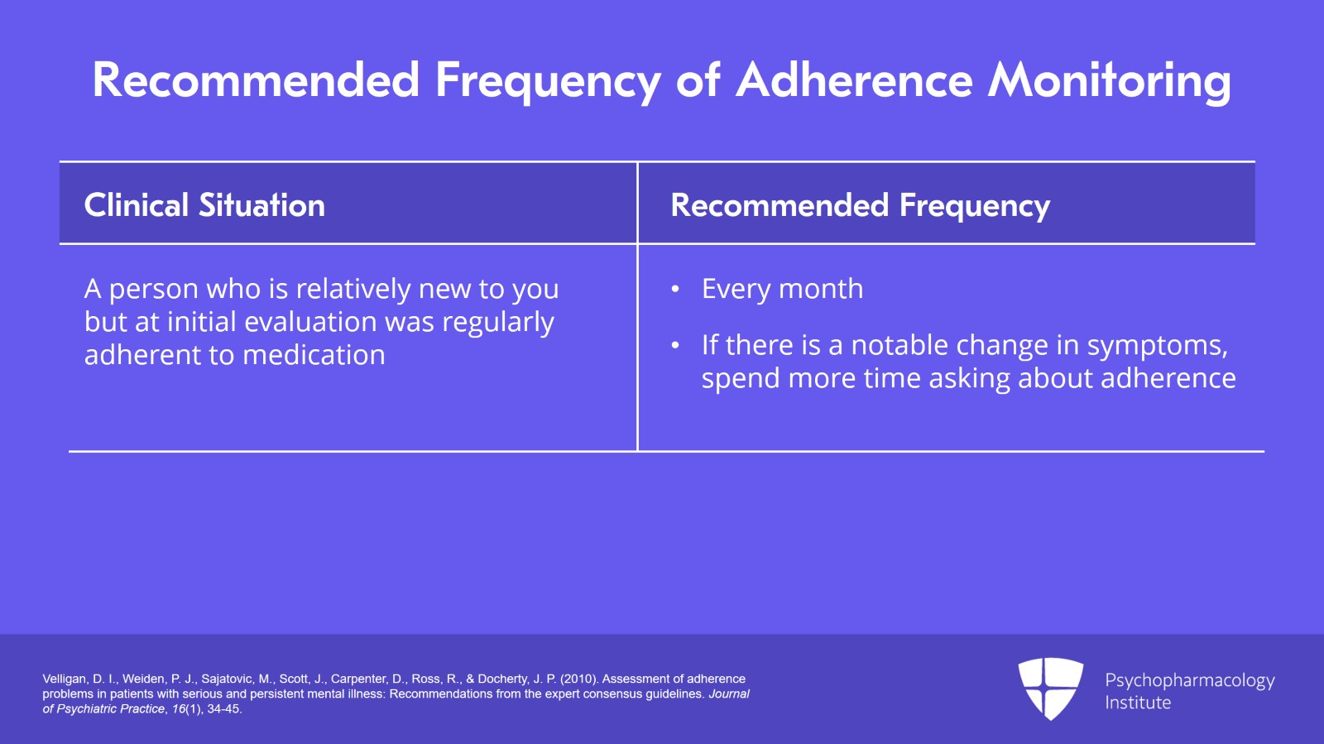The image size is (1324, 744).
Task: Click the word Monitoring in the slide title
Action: [x=1110, y=81]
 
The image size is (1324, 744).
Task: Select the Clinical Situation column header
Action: [x=204, y=205]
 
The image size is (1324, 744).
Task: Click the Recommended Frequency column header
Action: [x=860, y=206]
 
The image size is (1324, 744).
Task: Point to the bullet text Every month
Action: [x=782, y=289]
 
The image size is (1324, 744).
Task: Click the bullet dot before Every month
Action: [x=675, y=290]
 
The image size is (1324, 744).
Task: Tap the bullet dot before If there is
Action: [x=675, y=346]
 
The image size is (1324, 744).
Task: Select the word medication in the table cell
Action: [x=314, y=355]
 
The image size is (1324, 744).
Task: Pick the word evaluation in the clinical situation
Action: [x=310, y=322]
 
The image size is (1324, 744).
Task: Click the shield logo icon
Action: [x=1050, y=689]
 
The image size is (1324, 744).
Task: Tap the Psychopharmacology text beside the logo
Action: [x=1190, y=681]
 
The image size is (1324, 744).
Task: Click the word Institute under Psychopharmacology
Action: [x=1138, y=703]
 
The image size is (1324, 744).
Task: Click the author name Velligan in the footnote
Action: [x=65, y=679]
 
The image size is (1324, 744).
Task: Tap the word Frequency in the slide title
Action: [x=548, y=83]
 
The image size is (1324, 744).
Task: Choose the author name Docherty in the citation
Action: [x=503, y=679]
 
